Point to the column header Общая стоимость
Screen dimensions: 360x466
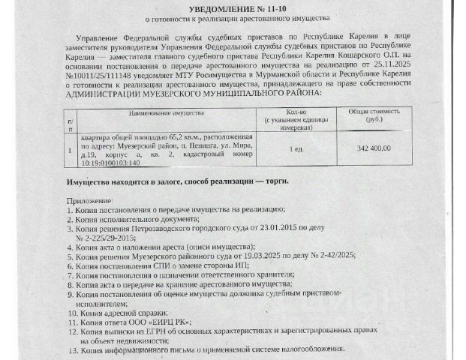(368, 111)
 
